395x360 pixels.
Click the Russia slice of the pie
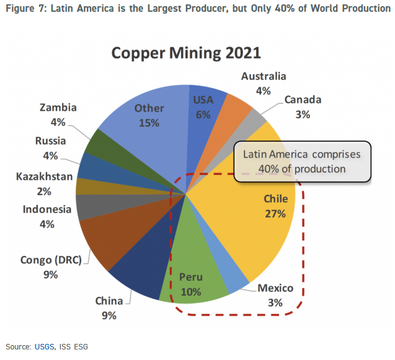[88, 164]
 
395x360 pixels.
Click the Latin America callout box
[302, 160]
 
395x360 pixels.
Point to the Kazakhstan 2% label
[44, 184]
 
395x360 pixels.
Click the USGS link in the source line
[44, 346]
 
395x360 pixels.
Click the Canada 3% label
[302, 107]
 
